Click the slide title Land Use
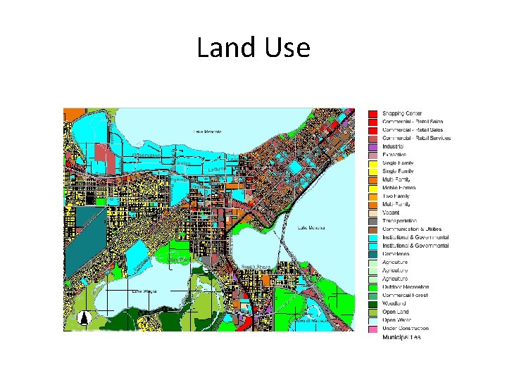coord(253,48)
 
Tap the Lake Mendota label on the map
coord(208,132)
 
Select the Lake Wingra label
coord(144,291)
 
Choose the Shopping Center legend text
coord(402,113)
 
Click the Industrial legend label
coord(395,146)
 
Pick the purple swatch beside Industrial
coord(373,146)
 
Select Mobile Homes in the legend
coord(399,188)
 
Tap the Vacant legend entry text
coord(391,213)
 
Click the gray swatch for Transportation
coord(373,221)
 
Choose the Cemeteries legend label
coord(397,254)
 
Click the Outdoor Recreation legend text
coord(406,287)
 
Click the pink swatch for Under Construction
coord(373,329)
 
